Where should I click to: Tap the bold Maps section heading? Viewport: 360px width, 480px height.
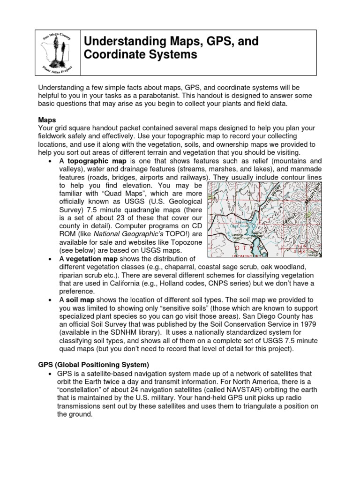pyautogui.click(x=47, y=120)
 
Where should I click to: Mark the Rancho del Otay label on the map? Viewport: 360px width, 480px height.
pyautogui.click(x=255, y=235)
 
